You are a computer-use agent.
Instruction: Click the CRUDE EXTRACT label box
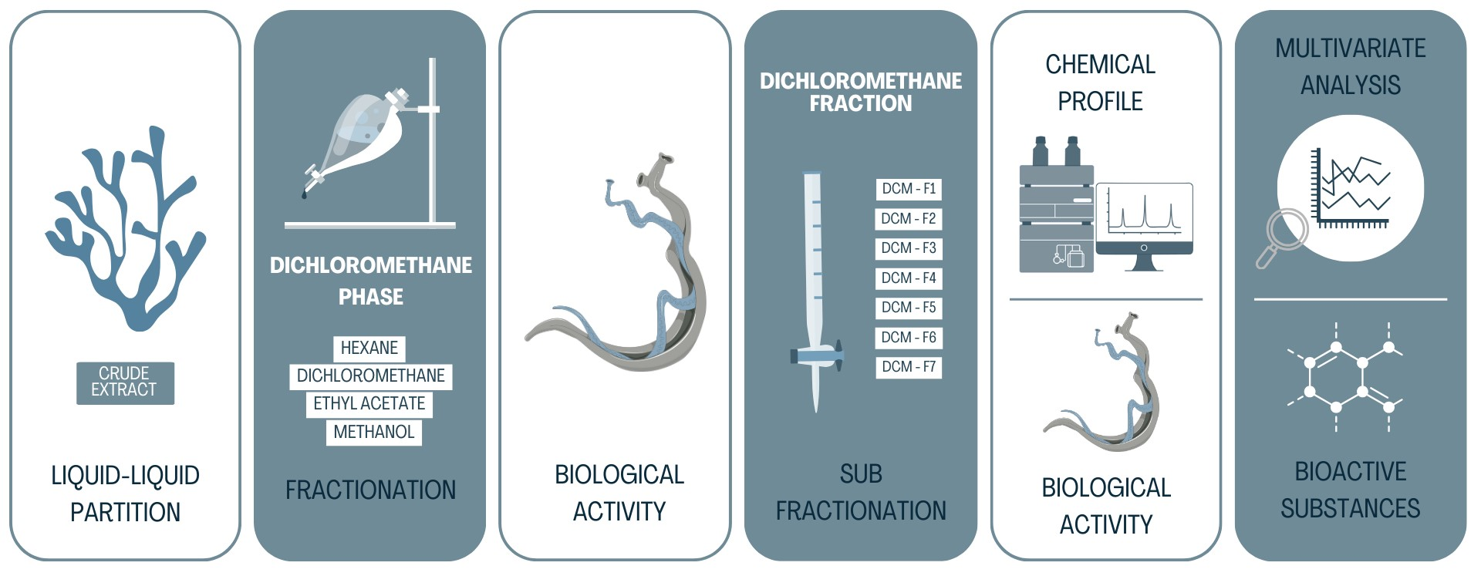pos(125,382)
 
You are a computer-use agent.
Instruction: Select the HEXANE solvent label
pos(369,349)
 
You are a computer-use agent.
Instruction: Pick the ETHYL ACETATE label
pos(369,404)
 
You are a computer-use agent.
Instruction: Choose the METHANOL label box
pos(374,432)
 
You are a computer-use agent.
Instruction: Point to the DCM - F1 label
pos(909,189)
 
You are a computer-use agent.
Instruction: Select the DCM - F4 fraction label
pos(909,278)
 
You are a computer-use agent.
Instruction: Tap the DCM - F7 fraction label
pos(909,367)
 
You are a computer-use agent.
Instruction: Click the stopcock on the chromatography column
pos(816,356)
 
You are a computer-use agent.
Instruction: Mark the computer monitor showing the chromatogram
pos(1144,220)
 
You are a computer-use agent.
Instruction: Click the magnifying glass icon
pos(1284,235)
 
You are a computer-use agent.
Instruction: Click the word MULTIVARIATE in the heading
pos(1350,49)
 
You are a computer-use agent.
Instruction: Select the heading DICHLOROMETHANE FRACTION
pos(861,92)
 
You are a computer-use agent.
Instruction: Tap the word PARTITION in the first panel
pos(125,512)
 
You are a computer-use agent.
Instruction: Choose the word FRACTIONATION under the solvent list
pos(370,490)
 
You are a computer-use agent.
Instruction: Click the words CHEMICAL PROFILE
pos(1100,83)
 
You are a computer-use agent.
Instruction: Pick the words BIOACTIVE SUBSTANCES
pos(1350,490)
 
